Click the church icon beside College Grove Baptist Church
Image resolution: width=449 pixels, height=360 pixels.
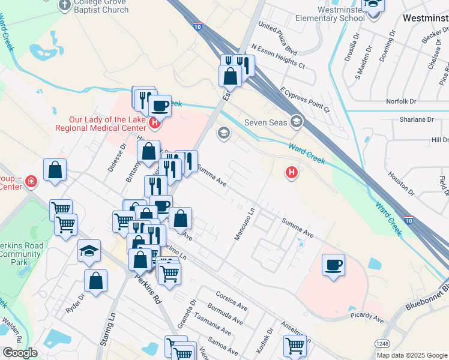coord(65,5)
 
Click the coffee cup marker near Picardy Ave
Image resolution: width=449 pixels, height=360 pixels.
coord(333,265)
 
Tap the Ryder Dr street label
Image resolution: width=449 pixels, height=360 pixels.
coord(76,295)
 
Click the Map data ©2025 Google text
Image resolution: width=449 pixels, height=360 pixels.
coord(411,355)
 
